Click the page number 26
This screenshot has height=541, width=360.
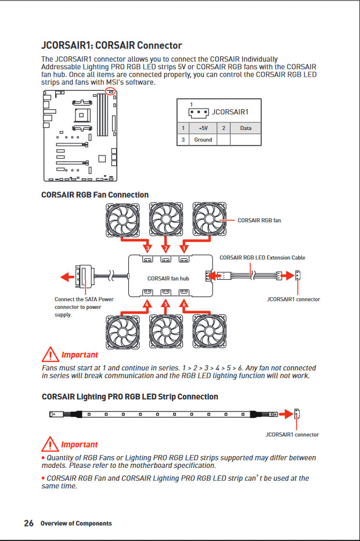point(28,523)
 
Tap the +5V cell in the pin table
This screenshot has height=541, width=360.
point(203,128)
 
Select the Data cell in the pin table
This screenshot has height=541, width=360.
point(246,128)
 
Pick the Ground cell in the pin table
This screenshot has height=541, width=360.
point(203,140)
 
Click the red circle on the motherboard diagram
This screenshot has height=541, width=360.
point(110,91)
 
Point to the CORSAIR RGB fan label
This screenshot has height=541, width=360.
point(259,220)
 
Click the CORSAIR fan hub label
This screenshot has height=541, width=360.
point(168,279)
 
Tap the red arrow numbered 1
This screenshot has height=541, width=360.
point(195,244)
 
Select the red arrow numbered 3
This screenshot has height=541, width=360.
point(135,244)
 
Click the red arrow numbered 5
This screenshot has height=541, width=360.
point(165,306)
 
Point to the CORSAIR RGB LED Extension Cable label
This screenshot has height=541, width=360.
point(262,257)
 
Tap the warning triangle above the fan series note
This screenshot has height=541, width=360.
point(51,354)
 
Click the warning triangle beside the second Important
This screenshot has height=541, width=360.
point(50,444)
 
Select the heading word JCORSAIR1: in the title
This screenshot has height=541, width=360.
point(67,45)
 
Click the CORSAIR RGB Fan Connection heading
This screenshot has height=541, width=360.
point(95,194)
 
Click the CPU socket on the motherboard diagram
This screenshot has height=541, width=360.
point(82,115)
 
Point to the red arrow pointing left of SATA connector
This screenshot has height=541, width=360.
point(67,276)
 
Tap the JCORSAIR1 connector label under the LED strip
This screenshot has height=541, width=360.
point(292,434)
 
